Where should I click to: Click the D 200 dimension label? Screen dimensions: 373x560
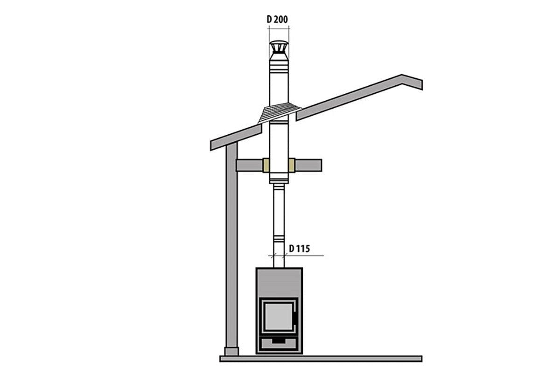pyautogui.click(x=277, y=19)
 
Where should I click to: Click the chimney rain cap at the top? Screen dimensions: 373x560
pyautogui.click(x=279, y=48)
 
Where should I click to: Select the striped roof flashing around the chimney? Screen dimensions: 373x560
pyautogui.click(x=280, y=112)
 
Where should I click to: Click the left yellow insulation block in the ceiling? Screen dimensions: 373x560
pyautogui.click(x=266, y=165)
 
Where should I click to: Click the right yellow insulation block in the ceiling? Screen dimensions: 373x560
pyautogui.click(x=292, y=165)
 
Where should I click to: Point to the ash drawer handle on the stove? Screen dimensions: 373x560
pyautogui.click(x=279, y=341)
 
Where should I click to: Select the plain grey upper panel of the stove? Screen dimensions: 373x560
pyautogui.click(x=279, y=283)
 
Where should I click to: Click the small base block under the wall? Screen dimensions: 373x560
pyautogui.click(x=231, y=351)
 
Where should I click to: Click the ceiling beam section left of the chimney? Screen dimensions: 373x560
pyautogui.click(x=249, y=165)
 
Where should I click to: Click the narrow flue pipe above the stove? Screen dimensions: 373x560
pyautogui.click(x=279, y=219)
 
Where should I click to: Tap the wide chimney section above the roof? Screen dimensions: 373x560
pyautogui.click(x=279, y=89)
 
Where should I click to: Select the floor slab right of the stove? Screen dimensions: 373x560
pyautogui.click(x=364, y=359)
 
